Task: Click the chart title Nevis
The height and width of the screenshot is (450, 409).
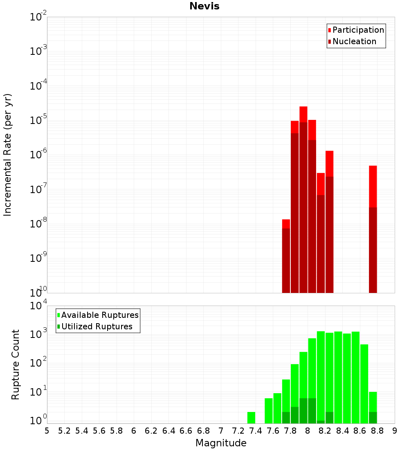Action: click(204, 6)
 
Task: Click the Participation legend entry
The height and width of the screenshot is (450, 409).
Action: click(358, 30)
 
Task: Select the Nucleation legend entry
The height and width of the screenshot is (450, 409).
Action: click(354, 41)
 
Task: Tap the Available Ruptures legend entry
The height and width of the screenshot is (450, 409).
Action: click(99, 315)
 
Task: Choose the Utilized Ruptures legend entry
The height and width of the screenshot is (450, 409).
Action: click(97, 326)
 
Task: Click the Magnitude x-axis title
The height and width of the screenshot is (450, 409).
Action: click(221, 443)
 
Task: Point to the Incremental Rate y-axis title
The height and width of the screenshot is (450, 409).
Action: click(8, 155)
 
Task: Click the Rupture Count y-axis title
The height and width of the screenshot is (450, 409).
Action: click(16, 364)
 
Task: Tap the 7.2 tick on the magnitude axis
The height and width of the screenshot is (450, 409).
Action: click(238, 431)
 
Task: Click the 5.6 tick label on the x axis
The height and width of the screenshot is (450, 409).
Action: click(99, 431)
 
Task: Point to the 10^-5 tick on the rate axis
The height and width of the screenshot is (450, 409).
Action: click(38, 121)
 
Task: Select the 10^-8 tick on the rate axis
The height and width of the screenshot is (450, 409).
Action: click(38, 224)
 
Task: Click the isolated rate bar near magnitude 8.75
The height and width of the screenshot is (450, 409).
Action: click(373, 229)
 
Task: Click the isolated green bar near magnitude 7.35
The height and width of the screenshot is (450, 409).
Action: click(251, 418)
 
